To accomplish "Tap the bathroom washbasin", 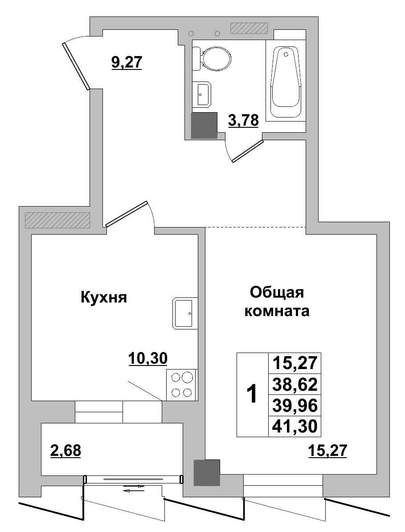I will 204,94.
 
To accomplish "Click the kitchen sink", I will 184,313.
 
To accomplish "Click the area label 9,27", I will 126,62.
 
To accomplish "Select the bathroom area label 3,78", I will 243,120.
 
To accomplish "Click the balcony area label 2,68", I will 65,451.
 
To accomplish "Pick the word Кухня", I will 104,297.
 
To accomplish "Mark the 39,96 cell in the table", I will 294,406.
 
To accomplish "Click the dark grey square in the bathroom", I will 204,125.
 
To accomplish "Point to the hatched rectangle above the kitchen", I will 57,220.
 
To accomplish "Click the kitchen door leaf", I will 127,214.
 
